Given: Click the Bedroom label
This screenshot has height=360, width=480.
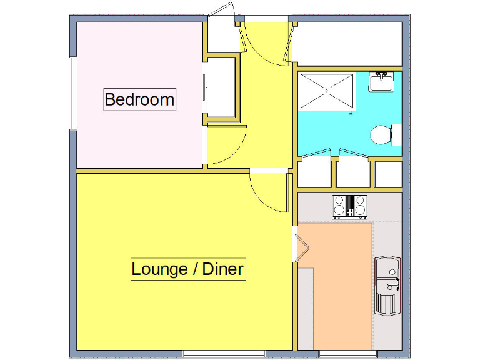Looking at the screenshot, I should point(139,99).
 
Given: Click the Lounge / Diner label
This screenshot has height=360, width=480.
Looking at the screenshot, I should point(188,269).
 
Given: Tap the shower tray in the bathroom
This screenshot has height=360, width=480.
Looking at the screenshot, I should point(327,92).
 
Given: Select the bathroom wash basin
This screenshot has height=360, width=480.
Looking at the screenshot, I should point(381,82).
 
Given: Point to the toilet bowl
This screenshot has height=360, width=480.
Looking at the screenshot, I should point(379,135).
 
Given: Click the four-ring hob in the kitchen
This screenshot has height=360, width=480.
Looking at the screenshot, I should point(350,206).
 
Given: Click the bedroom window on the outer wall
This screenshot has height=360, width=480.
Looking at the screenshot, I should point(72,94).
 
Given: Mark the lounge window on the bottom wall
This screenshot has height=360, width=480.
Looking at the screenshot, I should point(224,354).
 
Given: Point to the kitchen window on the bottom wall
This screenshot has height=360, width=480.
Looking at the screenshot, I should point(347,354).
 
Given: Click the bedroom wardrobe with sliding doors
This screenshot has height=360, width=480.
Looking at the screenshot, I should point(220,87).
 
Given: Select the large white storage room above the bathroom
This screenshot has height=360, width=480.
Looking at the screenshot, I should point(348,43).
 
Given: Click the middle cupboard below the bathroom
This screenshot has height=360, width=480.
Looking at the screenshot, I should point(353,172).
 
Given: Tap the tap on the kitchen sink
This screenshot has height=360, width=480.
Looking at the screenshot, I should point(393,285).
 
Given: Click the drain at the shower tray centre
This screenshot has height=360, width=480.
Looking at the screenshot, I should point(327,92).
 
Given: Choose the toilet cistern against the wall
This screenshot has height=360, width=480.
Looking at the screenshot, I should point(396,134).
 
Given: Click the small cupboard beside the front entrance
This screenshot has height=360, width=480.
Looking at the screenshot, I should point(220,36).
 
